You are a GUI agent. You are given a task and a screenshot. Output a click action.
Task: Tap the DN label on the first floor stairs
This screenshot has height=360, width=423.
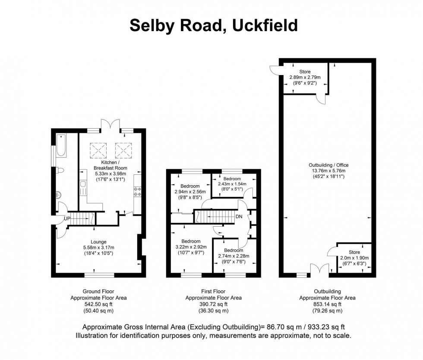(x=239, y=216)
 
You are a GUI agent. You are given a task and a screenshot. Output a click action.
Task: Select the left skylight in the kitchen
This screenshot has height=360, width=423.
(x=97, y=150)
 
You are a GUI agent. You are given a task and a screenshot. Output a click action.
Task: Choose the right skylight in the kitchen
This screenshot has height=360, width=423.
(x=123, y=150)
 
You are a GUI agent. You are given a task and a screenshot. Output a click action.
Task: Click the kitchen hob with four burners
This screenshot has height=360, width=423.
(x=139, y=191)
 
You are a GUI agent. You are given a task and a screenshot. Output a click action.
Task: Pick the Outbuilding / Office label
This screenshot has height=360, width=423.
(x=328, y=165)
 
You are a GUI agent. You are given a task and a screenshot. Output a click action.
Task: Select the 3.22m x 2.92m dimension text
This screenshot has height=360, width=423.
(x=191, y=246)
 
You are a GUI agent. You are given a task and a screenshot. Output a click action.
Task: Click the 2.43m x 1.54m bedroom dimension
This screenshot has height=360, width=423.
(x=232, y=184)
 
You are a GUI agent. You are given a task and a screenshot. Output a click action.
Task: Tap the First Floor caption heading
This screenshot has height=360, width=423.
(x=214, y=291)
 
